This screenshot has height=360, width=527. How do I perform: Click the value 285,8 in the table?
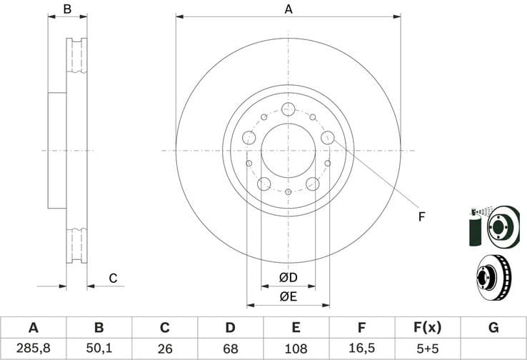(33, 349)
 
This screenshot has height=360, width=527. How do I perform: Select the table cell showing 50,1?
(99, 349)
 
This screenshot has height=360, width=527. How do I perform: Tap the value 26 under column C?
(164, 349)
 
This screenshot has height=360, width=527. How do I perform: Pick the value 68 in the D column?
(230, 349)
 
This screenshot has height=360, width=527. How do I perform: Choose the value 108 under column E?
(296, 349)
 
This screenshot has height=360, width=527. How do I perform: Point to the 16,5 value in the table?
(362, 349)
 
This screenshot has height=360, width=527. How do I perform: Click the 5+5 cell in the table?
(428, 349)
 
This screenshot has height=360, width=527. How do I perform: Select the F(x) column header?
(428, 328)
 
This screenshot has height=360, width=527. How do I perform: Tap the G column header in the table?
(493, 328)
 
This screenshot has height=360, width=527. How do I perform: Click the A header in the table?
(33, 328)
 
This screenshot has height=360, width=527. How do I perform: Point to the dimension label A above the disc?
(288, 9)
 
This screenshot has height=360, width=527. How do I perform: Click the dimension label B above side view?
(67, 9)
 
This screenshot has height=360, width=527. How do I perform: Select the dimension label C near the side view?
(112, 278)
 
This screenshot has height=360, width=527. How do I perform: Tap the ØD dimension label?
(288, 278)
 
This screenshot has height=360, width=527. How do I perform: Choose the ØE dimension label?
(288, 296)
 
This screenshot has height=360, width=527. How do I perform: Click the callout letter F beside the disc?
(421, 216)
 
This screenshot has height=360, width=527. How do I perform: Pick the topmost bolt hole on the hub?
(288, 109)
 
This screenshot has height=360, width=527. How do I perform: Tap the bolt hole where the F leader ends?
(328, 137)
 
